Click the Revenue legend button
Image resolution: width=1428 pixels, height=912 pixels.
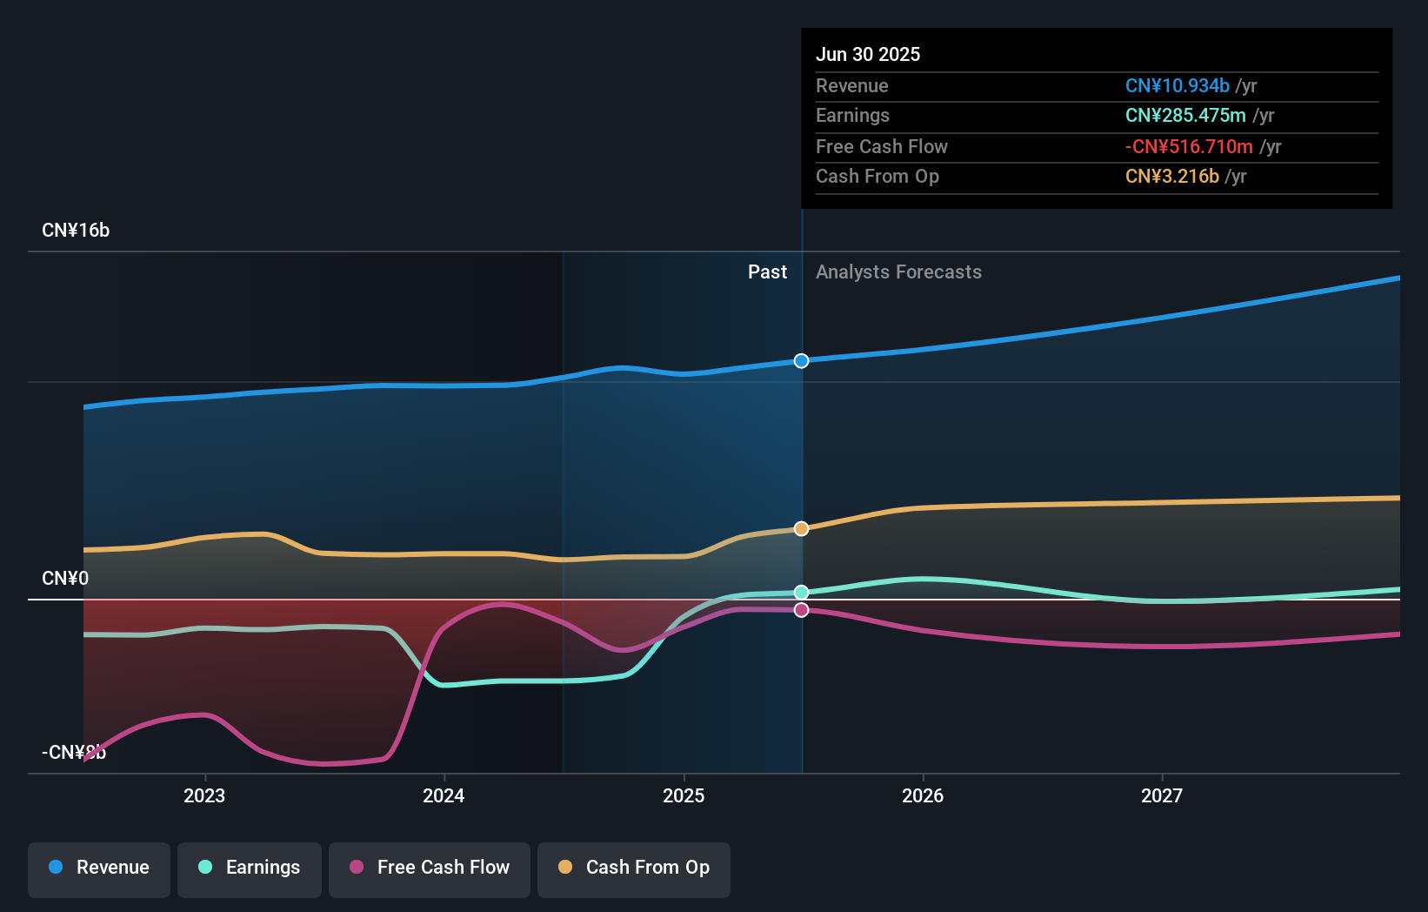point(99,868)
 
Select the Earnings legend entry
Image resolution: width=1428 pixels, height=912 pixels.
point(250,868)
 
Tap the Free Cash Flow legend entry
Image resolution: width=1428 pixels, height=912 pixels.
point(430,868)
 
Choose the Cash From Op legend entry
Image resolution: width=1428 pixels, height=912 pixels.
point(634,868)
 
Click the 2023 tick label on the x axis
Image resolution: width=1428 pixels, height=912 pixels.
point(204,795)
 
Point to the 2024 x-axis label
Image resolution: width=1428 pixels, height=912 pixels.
point(444,795)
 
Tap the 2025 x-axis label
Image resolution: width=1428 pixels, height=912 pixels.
point(684,795)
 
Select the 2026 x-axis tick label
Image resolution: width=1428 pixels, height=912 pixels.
point(923,795)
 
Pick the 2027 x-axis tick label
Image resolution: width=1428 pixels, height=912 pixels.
point(1162,795)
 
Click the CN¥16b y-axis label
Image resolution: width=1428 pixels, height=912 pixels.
point(76,231)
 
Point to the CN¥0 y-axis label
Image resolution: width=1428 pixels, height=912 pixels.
point(65,579)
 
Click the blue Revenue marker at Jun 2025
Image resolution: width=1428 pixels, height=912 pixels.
point(801,361)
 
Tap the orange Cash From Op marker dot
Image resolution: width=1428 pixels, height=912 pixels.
point(801,528)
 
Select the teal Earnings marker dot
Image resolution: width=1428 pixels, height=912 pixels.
point(801,593)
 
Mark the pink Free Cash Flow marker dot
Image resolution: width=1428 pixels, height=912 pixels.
point(801,610)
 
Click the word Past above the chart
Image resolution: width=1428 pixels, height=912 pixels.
point(767,272)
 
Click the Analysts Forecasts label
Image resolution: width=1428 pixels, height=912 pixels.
point(898,272)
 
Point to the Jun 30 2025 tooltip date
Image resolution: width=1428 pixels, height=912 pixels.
point(868,54)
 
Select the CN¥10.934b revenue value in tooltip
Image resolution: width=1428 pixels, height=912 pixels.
point(1177,85)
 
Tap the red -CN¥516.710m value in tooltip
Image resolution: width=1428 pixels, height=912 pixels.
point(1189,146)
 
